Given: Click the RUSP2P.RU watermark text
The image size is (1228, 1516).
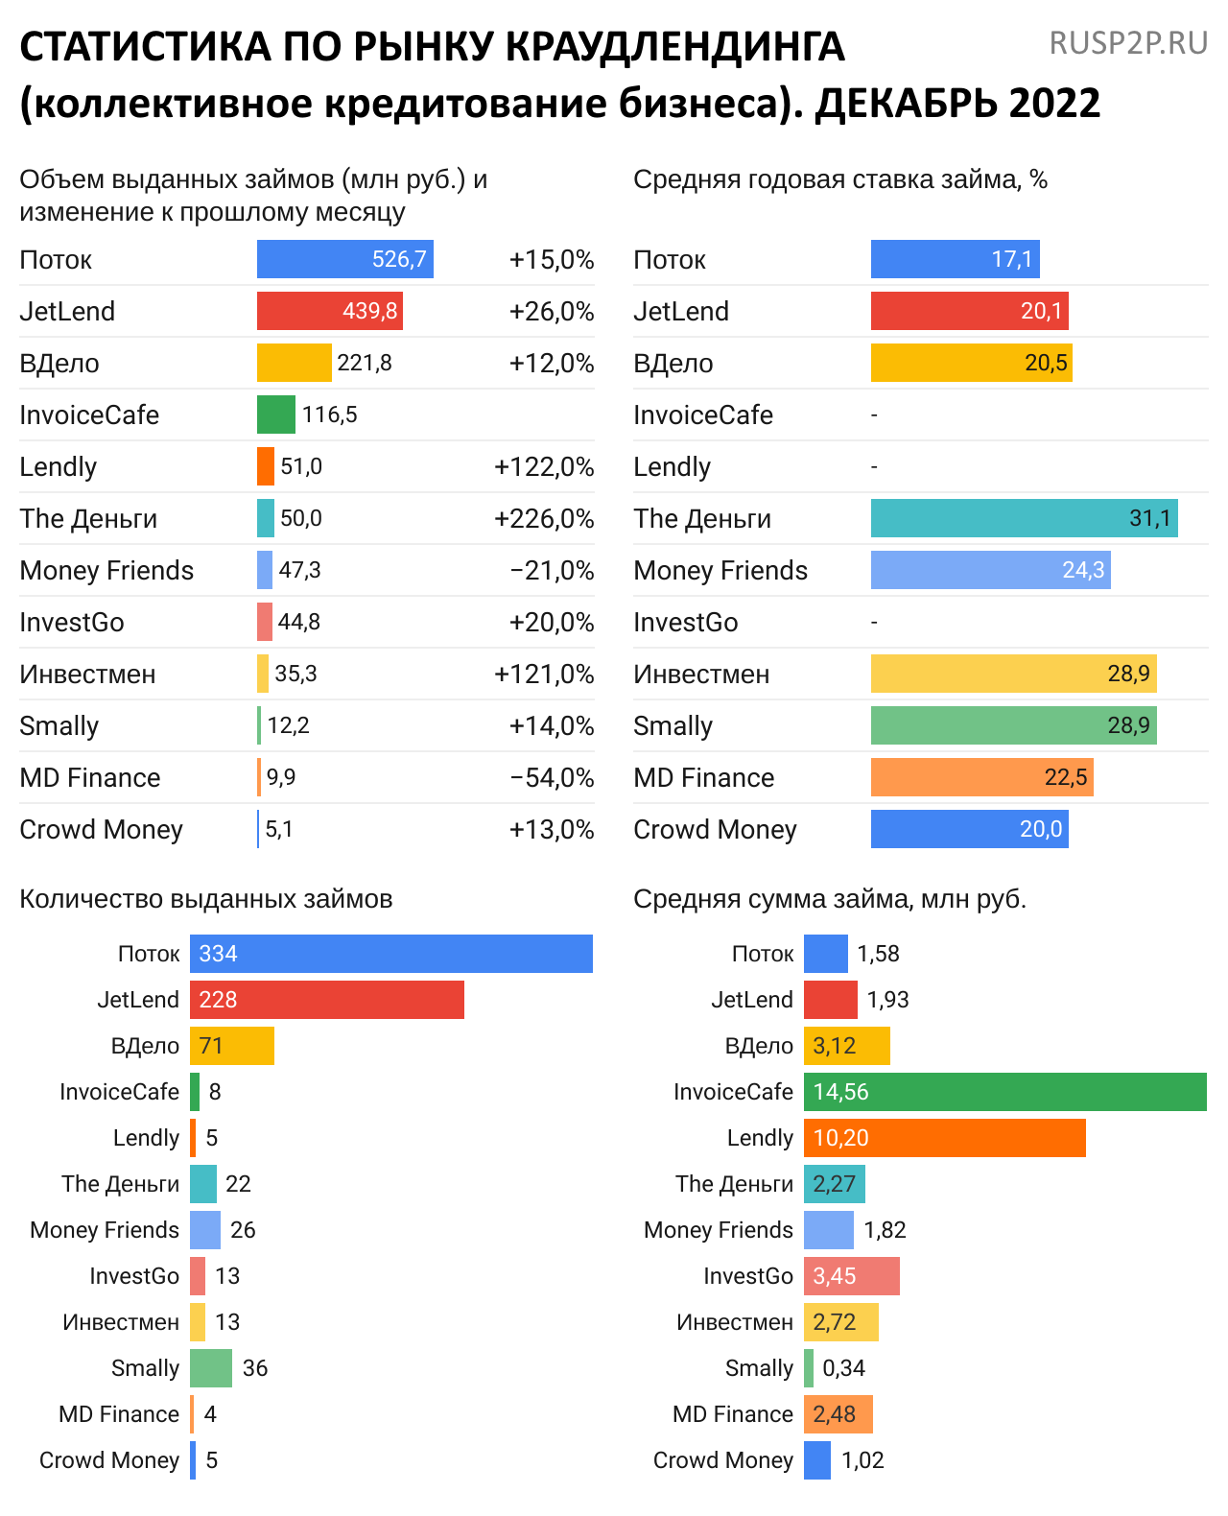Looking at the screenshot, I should (x=1128, y=44).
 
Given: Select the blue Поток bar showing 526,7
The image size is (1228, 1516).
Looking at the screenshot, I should (x=344, y=259).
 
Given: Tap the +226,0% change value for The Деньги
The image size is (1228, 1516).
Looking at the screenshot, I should (x=544, y=519).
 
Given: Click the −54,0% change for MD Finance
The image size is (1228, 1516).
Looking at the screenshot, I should (x=552, y=778).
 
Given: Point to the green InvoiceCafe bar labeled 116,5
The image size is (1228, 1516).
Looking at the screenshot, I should (x=276, y=415).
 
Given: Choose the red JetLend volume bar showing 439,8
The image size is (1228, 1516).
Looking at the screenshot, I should (x=329, y=311).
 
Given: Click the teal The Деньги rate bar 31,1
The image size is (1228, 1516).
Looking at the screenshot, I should (x=1024, y=518).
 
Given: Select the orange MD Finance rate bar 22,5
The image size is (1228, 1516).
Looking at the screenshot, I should (x=981, y=777).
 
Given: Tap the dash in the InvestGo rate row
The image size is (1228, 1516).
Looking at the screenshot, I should (x=874, y=622).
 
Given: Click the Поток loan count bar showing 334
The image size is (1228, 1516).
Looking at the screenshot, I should (x=391, y=954).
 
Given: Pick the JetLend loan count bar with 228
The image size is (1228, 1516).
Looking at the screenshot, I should (x=327, y=1000).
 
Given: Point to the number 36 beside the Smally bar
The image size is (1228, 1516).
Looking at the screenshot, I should (x=255, y=1368).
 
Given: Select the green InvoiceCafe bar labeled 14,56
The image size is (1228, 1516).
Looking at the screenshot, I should (x=1004, y=1092).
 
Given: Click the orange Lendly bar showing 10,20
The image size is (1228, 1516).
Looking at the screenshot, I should (x=944, y=1138).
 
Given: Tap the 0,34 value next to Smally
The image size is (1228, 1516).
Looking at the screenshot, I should (x=843, y=1368).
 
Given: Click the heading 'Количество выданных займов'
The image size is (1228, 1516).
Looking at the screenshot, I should (x=206, y=899).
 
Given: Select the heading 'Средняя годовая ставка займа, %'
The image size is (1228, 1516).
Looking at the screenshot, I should (x=839, y=179).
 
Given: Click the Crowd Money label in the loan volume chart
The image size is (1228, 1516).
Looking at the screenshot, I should (x=101, y=830).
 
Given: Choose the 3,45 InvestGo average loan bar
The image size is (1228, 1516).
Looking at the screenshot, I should (x=851, y=1276).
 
